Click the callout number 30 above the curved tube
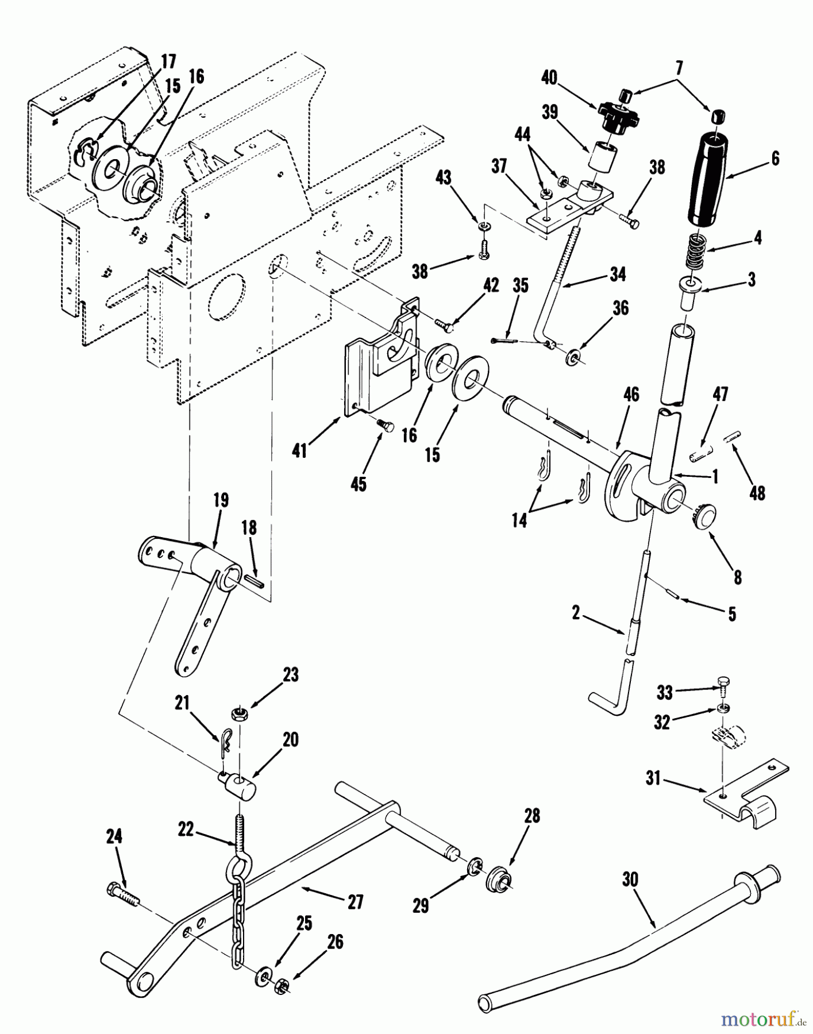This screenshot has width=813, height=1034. click(630, 879)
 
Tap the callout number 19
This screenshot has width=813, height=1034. click(221, 500)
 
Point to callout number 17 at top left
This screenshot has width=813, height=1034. click(168, 61)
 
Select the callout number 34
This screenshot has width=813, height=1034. click(618, 274)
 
